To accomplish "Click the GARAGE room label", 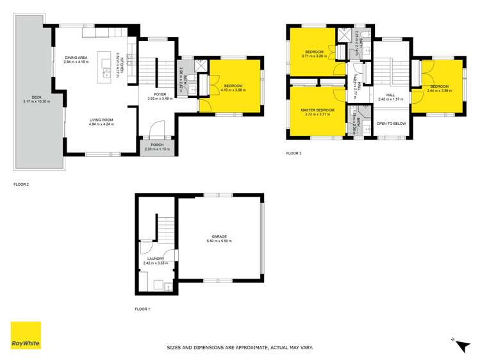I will point(220,236).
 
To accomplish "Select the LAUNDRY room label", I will point(156,259).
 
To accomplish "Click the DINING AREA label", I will point(76,58).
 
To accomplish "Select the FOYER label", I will point(154,94).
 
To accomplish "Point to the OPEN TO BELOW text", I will point(390,123).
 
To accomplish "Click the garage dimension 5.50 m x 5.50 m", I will point(220,241).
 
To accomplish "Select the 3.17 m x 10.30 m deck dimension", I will point(37,102).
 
